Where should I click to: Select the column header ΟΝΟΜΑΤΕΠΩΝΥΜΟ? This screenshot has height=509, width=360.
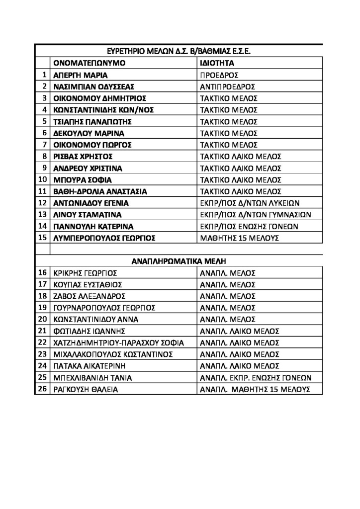pyautogui.click(x=90, y=63)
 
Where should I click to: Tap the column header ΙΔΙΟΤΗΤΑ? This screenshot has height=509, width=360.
pyautogui.click(x=217, y=63)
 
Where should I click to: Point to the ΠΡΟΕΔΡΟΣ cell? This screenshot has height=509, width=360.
pyautogui.click(x=219, y=75)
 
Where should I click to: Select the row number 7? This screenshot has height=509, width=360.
pyautogui.click(x=44, y=145)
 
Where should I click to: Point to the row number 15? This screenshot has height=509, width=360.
pyautogui.click(x=42, y=238)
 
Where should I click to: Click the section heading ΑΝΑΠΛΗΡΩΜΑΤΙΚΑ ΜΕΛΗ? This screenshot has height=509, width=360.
pyautogui.click(x=180, y=260)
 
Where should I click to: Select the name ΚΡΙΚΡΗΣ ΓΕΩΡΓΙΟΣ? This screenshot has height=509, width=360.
pyautogui.click(x=85, y=273)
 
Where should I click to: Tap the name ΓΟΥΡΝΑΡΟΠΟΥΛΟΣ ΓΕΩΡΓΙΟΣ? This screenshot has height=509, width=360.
pyautogui.click(x=105, y=308)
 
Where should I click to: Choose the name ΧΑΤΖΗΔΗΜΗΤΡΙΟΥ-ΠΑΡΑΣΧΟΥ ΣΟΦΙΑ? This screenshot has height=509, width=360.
pyautogui.click(x=118, y=343)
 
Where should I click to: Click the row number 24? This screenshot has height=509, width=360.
pyautogui.click(x=42, y=366)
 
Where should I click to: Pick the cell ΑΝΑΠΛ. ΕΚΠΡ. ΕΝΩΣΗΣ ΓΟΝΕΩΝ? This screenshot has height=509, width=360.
pyautogui.click(x=256, y=378)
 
